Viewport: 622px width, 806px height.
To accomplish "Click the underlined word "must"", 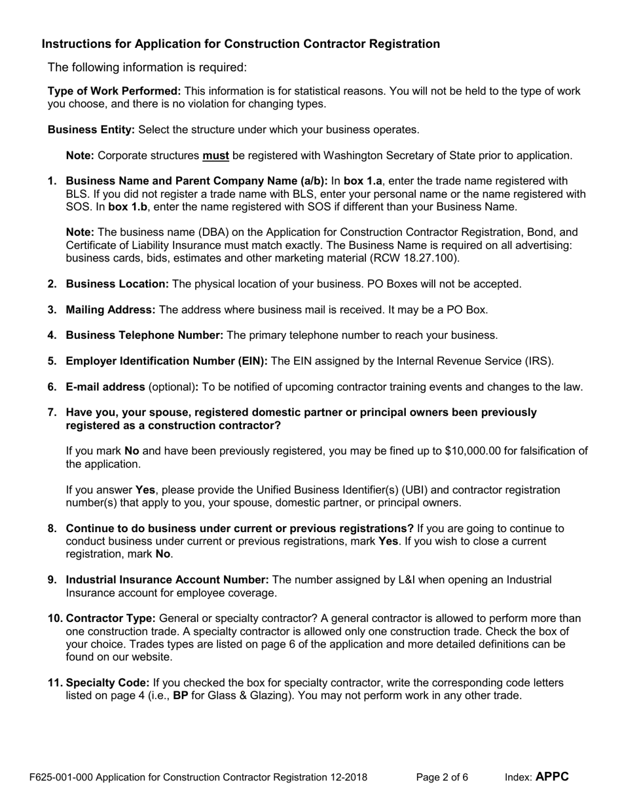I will tap(215, 155).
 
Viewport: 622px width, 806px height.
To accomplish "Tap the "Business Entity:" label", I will tap(91, 130).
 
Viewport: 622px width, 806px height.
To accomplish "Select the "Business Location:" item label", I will tap(117, 284).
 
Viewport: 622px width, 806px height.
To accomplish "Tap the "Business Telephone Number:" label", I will tap(144, 335).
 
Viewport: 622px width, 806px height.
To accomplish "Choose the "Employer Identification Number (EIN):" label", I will tap(166, 361).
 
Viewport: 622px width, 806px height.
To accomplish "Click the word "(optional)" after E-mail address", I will tap(173, 387).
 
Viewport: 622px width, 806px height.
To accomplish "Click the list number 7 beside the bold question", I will tap(52, 412).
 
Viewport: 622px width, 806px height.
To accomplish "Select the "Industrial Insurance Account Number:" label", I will tap(167, 579).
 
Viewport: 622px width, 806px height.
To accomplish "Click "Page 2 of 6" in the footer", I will tap(442, 778).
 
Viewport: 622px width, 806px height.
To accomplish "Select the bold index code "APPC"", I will tap(552, 777).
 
